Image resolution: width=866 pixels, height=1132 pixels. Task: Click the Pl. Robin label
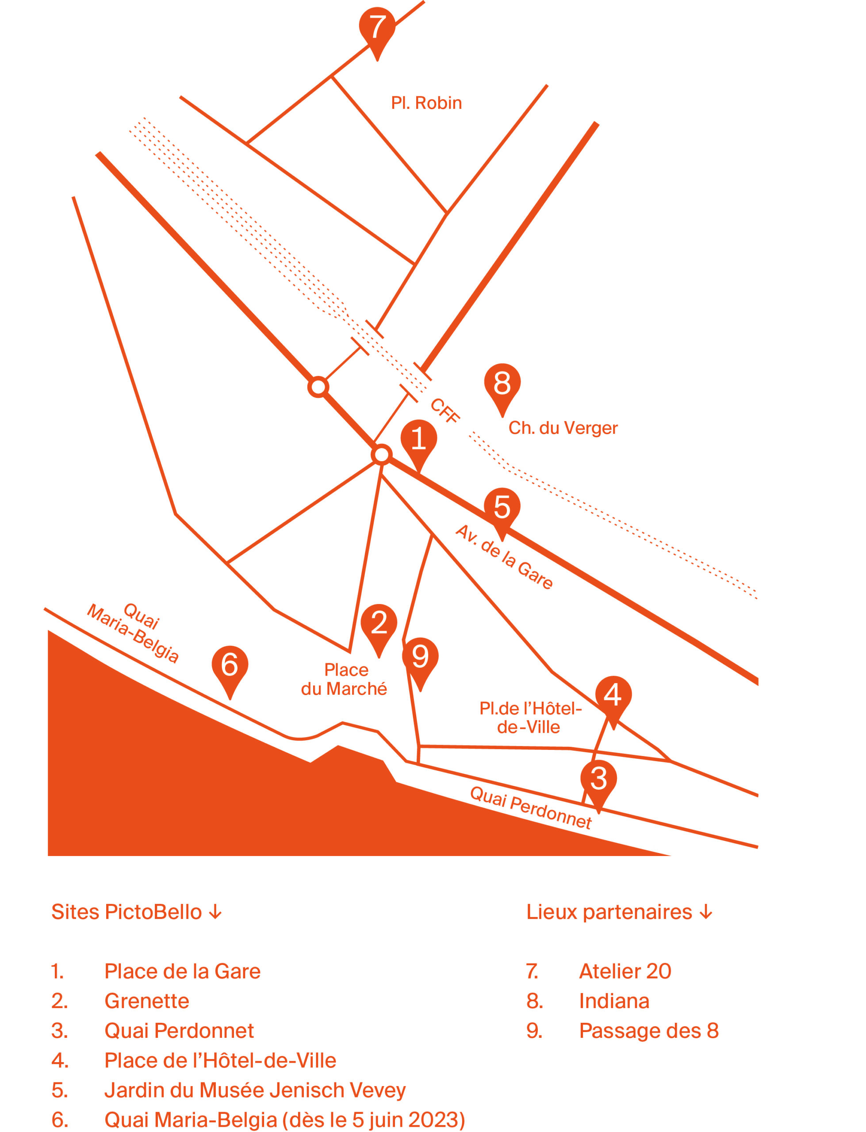(426, 103)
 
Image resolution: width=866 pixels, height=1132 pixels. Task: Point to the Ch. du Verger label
(563, 428)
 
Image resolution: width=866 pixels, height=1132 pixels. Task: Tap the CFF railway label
(445, 411)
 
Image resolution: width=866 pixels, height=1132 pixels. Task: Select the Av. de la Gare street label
(504, 557)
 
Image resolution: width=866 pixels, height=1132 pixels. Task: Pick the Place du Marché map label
(345, 679)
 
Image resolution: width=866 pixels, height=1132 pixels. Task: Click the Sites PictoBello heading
(137, 912)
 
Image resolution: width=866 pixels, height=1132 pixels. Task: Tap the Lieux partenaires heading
(619, 912)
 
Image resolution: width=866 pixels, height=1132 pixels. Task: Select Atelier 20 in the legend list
(625, 971)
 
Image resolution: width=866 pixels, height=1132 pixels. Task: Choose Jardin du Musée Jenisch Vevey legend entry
(255, 1090)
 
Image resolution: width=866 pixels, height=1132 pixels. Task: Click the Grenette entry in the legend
(147, 1001)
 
